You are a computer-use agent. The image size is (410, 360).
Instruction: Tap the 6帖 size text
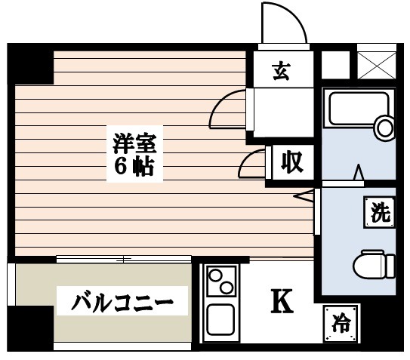click(134, 166)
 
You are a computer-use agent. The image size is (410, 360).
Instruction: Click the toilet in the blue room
click(373, 263)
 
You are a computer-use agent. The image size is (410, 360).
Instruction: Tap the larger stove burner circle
click(225, 288)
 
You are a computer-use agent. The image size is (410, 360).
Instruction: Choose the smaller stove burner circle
click(214, 275)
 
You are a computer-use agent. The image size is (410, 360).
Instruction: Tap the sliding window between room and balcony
click(125, 260)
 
